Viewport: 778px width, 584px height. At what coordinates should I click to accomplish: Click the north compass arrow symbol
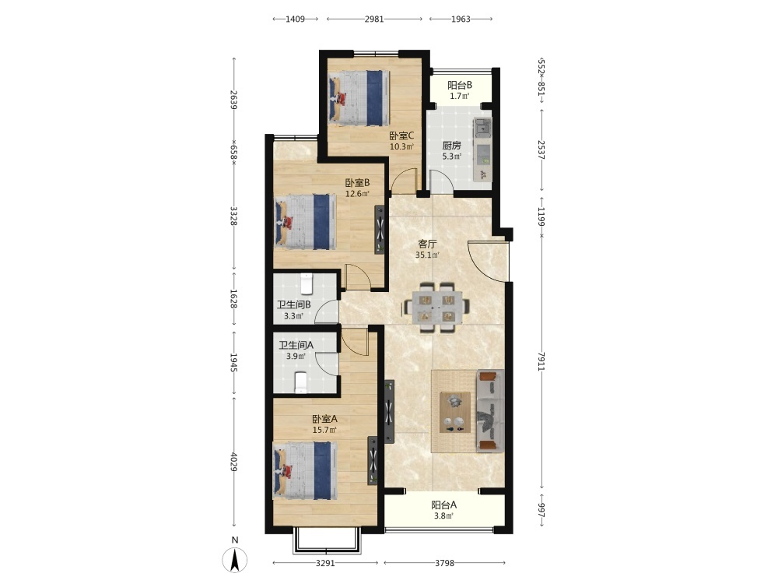tap(235, 560)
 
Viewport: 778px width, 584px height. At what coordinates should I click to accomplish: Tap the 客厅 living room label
tap(427, 244)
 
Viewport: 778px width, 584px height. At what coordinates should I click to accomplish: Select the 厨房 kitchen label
tap(451, 146)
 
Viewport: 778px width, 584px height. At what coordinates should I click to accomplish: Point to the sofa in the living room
tap(489, 410)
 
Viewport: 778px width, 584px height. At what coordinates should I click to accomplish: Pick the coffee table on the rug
tap(455, 412)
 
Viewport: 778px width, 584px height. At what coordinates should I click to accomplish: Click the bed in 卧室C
tap(358, 98)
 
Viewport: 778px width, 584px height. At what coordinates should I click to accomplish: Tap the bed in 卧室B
tap(305, 222)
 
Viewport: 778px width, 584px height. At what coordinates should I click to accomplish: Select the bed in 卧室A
tap(305, 471)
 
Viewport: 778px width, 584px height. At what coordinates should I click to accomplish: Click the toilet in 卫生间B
tap(307, 283)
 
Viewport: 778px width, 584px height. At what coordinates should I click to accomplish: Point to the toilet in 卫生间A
tap(300, 382)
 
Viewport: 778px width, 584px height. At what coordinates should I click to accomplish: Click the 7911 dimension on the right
tap(541, 361)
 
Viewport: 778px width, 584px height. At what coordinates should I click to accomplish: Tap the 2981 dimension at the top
tap(374, 19)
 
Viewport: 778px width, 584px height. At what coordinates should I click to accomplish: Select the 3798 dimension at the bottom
tap(444, 563)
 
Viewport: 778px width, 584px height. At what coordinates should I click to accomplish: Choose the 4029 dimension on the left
tap(233, 462)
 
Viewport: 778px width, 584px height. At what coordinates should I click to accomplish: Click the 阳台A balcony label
tap(444, 505)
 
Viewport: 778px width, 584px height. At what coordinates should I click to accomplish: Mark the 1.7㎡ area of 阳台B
tap(460, 96)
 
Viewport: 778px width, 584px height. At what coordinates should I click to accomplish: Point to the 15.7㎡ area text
tap(324, 430)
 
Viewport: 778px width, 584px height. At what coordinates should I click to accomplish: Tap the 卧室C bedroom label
tap(401, 135)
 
